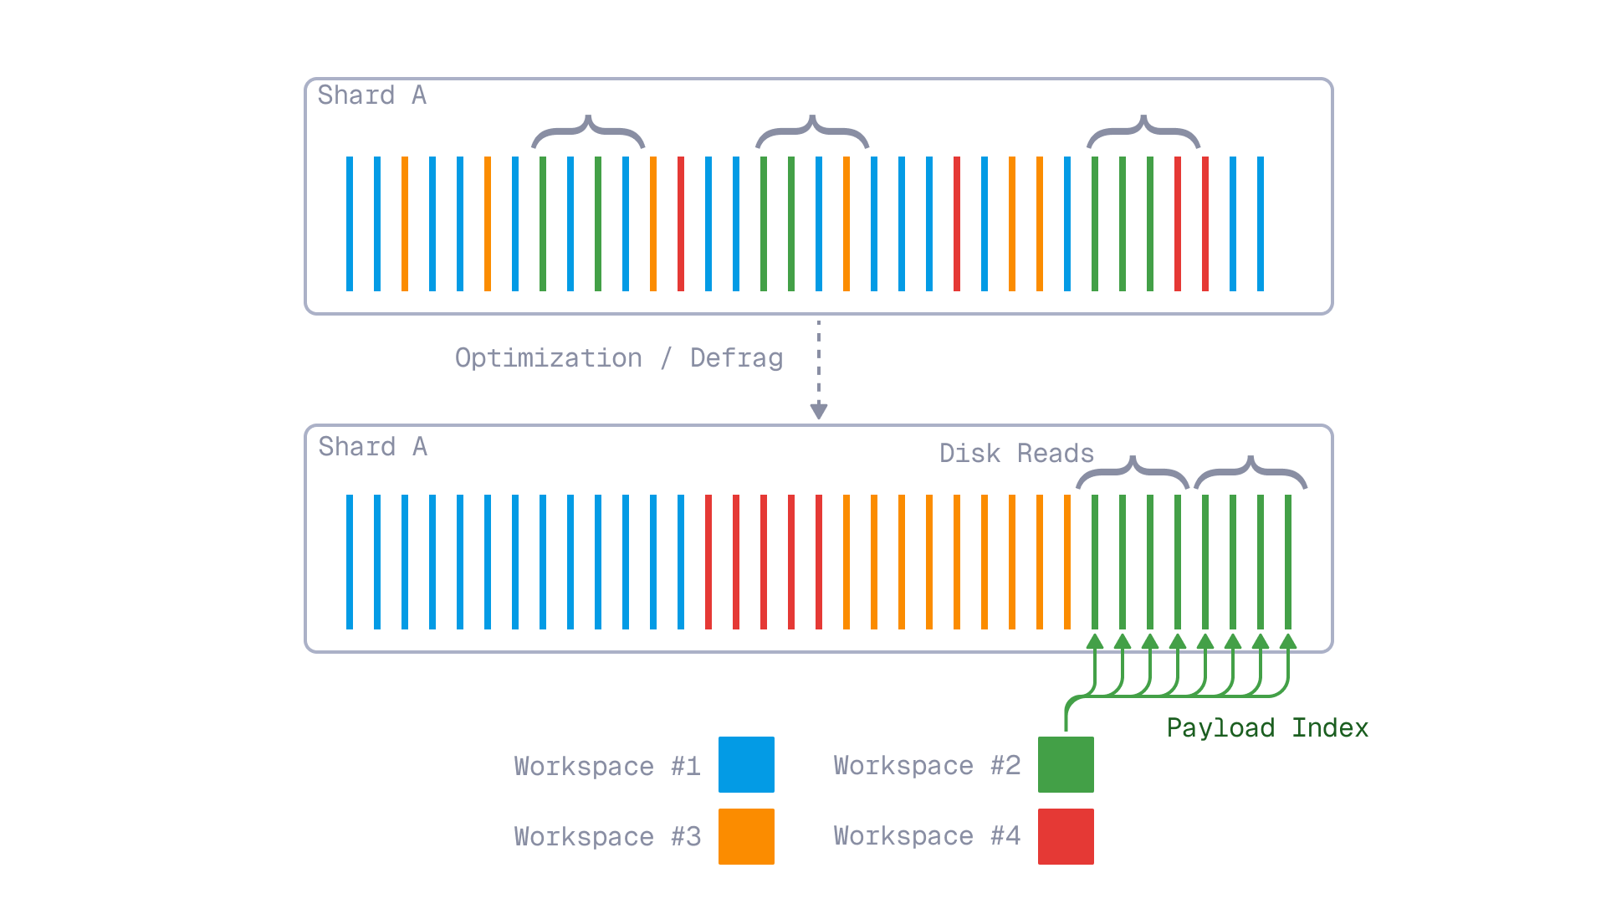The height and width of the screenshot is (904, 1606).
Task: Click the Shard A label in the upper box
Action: [x=371, y=95]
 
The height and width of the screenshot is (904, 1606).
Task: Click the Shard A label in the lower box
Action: [x=372, y=447]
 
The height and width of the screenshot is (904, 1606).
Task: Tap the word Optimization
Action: [x=549, y=358]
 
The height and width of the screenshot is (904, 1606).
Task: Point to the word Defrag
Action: [x=736, y=358]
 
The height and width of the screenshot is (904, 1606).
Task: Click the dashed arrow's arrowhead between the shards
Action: [x=819, y=411]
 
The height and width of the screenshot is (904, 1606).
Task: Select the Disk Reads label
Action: [x=1016, y=454]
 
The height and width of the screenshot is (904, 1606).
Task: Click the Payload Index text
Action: [x=1267, y=728]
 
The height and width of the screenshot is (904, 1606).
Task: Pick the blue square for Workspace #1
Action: [x=746, y=764]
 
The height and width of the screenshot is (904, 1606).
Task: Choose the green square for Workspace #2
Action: [x=1066, y=764]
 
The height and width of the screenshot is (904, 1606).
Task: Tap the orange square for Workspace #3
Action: [x=746, y=836]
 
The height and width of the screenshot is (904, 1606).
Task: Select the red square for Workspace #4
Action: [x=1066, y=836]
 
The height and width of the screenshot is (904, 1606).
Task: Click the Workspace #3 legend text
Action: [x=607, y=837]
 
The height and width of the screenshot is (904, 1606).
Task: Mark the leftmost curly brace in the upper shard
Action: [x=588, y=131]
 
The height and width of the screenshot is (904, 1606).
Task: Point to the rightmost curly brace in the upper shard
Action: [x=1143, y=131]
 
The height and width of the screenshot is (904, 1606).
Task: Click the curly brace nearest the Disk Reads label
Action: [x=1133, y=472]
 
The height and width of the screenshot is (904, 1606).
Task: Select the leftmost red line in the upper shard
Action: [x=681, y=223]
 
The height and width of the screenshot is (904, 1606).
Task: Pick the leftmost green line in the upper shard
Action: [x=543, y=223]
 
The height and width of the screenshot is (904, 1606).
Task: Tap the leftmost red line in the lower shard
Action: [x=708, y=562]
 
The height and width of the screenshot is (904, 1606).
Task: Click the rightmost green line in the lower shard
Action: [x=1288, y=562]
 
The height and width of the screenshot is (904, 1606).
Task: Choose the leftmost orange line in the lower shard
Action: [x=846, y=562]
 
